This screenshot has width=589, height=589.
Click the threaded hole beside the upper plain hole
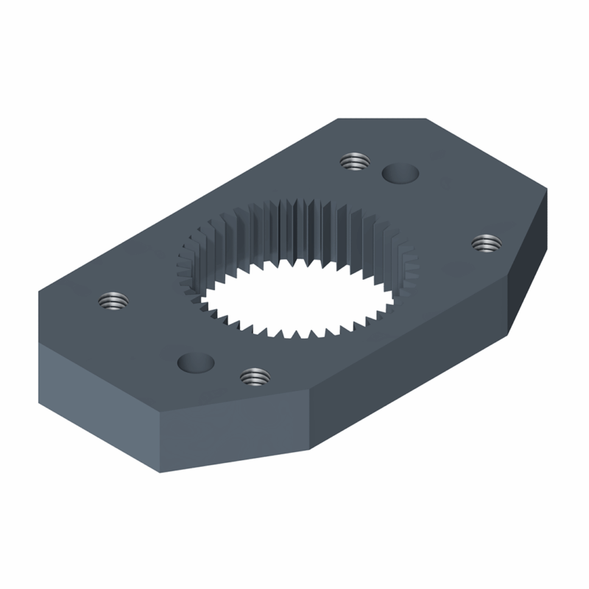pos(355,161)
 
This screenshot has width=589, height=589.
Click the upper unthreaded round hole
pos(401,174)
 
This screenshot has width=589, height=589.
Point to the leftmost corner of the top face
pos(39,292)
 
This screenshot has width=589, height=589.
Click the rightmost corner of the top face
pos(548,189)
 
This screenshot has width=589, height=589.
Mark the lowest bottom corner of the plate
pos(161,472)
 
